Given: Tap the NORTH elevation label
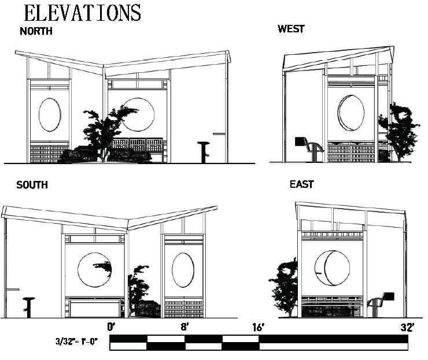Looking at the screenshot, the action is [36, 32].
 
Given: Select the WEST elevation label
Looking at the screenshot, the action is [291, 29].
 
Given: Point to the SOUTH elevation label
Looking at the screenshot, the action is [32, 185].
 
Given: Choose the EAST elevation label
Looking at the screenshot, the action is [301, 185].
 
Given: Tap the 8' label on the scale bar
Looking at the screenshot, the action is [185, 327].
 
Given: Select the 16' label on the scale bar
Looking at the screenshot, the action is [257, 327].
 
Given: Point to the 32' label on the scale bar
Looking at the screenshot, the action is [407, 327].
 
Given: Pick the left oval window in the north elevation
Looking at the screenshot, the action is [50, 114].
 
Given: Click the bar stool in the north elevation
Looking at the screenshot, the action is [203, 151].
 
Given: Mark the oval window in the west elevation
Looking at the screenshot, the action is [351, 112].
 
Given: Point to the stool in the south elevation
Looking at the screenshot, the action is [28, 306].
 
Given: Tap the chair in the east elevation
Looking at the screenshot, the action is [379, 303].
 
